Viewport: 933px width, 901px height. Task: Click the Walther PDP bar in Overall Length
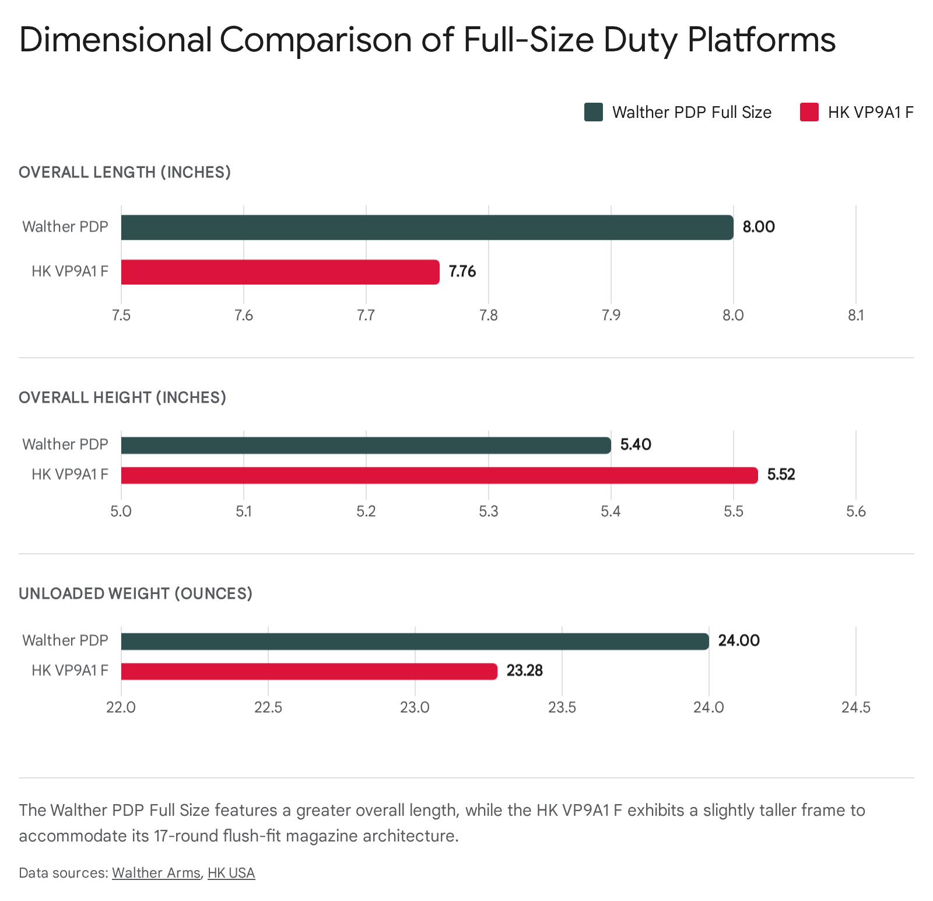point(427,228)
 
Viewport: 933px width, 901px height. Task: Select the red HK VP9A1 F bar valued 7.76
point(280,272)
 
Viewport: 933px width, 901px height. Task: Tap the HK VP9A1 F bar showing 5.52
point(439,475)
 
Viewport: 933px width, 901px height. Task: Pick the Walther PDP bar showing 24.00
point(415,641)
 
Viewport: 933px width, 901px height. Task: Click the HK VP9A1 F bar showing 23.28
point(309,671)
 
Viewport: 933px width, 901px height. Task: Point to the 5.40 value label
point(636,445)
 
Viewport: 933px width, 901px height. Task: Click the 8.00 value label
point(758,227)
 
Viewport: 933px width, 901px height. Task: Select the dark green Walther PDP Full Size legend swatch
point(594,112)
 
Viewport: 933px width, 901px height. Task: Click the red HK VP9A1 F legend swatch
point(809,112)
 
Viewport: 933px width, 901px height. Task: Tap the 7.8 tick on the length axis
point(488,316)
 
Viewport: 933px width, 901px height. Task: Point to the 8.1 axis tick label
point(855,316)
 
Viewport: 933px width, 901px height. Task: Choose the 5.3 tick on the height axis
point(488,512)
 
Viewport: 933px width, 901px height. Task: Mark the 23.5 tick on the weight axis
point(562,708)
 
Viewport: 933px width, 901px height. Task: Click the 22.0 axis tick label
point(121,708)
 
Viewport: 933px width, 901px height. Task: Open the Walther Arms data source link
point(156,873)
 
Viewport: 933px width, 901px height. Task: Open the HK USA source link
point(232,873)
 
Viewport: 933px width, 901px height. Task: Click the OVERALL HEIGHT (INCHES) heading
point(122,397)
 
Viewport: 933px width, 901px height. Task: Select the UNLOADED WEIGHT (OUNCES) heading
point(135,593)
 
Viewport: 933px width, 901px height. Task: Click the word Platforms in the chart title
point(761,40)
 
